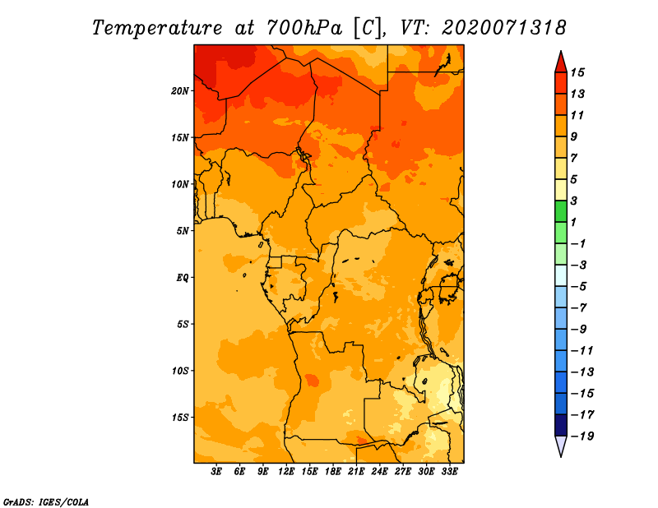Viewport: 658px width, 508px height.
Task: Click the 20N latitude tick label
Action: (180, 91)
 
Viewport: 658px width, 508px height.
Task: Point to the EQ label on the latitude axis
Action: (183, 278)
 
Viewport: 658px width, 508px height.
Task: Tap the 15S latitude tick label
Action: (180, 418)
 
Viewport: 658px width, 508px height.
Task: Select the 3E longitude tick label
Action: (216, 471)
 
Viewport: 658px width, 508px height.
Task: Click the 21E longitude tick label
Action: (356, 471)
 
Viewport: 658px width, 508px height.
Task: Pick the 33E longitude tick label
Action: (449, 471)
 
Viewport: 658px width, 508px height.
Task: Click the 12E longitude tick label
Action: (285, 471)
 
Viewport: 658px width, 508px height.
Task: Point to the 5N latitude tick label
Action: (183, 231)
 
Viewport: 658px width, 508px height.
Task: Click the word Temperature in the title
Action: (157, 28)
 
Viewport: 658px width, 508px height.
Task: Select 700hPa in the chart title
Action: (304, 28)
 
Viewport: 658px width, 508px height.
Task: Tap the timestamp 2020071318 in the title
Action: (504, 28)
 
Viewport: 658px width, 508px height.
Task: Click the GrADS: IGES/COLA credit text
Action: (46, 501)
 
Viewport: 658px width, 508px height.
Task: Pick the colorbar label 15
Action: (577, 72)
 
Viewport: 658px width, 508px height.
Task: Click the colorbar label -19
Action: (582, 436)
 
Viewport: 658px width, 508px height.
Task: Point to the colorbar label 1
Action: (573, 222)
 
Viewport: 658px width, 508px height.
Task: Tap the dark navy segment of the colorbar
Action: (561, 425)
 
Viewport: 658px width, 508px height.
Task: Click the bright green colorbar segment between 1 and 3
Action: (561, 211)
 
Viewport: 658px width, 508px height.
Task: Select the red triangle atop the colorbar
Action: (561, 62)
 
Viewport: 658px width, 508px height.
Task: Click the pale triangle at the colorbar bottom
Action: (561, 446)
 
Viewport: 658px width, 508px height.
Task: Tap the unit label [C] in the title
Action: (368, 28)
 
